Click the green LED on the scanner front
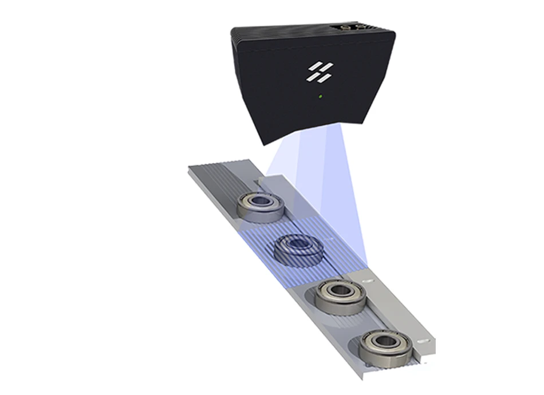pos(320,96)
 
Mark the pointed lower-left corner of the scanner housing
pos(262,143)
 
